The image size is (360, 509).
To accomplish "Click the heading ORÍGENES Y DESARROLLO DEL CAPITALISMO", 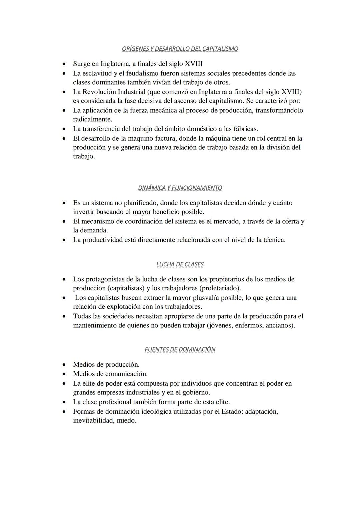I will pos(180,49).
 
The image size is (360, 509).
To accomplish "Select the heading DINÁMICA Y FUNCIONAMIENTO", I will pos(180,188).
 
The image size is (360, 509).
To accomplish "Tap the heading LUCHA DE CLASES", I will pos(180,264).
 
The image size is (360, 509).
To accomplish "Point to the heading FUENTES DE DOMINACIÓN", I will pos(180,349).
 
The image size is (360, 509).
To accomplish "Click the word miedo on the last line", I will pos(126,420).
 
